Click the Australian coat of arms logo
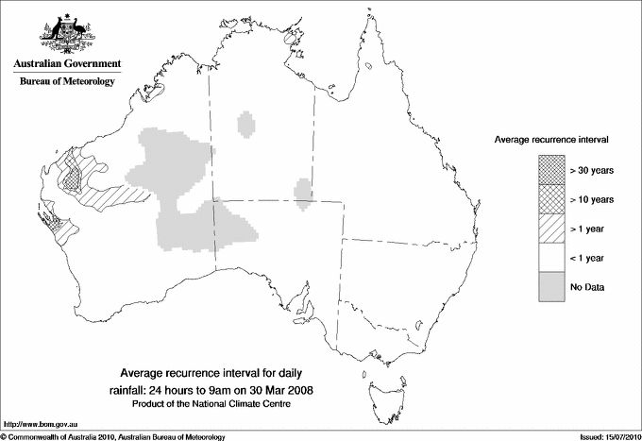[x=66, y=30]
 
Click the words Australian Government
[x=66, y=64]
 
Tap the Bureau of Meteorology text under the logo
[x=66, y=82]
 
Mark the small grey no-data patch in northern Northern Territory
[x=247, y=124]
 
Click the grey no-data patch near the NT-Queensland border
[x=303, y=191]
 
